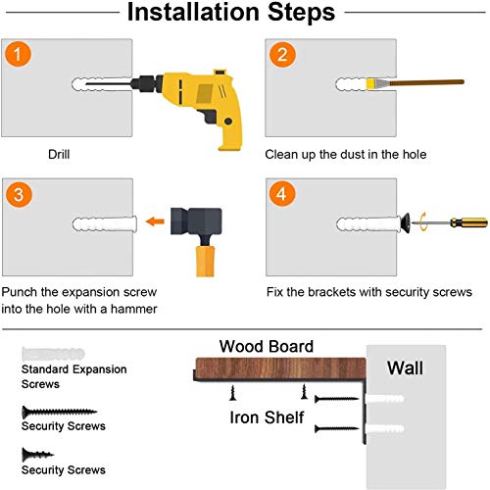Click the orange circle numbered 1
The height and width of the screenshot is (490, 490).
pos(19,54)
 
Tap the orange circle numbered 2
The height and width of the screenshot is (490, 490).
pos(282,55)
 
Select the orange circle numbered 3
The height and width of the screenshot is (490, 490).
pos(19,194)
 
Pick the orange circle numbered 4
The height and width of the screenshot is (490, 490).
pos(282,194)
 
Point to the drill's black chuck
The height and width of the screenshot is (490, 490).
pos(146,83)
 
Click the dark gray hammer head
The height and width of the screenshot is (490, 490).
pos(196,221)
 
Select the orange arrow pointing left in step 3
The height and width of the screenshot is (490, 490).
pos(155,221)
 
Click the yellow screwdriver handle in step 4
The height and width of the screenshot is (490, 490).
pos(468,222)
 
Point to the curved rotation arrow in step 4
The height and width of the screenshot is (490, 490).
pos(423,221)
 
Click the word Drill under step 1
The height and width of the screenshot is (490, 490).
pos(59,154)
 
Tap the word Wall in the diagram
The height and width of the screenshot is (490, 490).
pos(405,367)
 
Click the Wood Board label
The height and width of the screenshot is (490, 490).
pos(267,346)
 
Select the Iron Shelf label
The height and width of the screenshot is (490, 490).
pos(267,417)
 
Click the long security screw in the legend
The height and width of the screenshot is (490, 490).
pos(60,412)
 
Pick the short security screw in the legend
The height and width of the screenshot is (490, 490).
pos(37,454)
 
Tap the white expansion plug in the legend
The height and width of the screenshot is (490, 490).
pos(53,354)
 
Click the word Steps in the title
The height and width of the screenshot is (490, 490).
pos(301,13)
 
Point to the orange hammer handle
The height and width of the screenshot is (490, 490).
pos(205,262)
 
